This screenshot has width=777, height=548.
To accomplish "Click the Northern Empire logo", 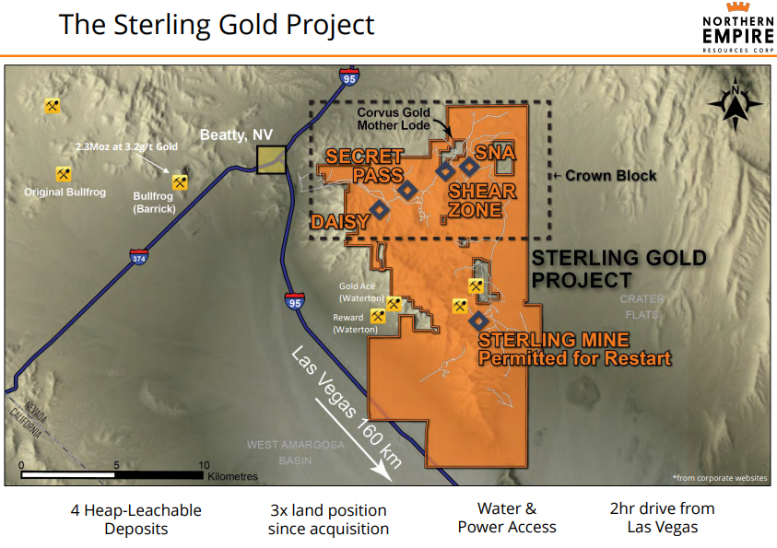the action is click(738, 28).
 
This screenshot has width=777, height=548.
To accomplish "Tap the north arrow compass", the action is click(736, 103).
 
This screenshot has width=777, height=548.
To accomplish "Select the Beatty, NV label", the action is click(236, 135).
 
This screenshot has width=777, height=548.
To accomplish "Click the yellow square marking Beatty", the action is click(271, 159).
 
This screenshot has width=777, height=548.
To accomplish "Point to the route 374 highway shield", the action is click(139, 257).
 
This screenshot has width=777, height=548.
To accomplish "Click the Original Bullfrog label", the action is click(65, 192).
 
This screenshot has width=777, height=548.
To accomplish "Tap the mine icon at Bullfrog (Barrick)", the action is click(180, 182).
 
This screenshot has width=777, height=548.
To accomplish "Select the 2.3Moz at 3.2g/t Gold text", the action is click(126, 146).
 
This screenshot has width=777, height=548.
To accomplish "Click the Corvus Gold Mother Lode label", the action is click(394, 119).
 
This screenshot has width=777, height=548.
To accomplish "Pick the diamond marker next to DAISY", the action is click(380, 209).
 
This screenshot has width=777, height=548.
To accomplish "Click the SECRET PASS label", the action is click(365, 166).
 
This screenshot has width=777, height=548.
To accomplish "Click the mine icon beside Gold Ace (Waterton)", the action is click(394, 303).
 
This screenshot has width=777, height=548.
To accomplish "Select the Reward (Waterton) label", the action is click(355, 323).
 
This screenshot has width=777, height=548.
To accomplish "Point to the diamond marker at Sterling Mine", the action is click(478, 321).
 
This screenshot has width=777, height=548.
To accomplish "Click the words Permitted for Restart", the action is click(574, 358).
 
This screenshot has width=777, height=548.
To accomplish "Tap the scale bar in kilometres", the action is click(112, 474).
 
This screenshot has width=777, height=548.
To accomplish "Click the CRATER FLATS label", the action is click(642, 307).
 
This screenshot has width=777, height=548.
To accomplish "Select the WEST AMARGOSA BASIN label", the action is click(295, 452).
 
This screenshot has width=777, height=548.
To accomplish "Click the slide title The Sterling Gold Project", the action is click(217, 25).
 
